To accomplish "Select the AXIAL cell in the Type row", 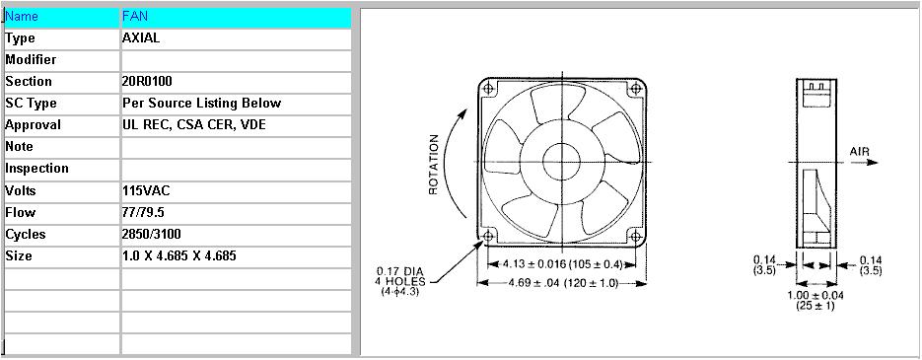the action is point(141,38).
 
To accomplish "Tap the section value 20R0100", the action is point(147,81).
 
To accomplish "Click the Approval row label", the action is point(33,124).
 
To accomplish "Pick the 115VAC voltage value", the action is point(146,190).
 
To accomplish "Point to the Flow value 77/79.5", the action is point(143,212).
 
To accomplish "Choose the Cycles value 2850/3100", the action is point(152,234).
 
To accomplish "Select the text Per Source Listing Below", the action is point(202,103).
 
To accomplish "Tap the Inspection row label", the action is point(37,169).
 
